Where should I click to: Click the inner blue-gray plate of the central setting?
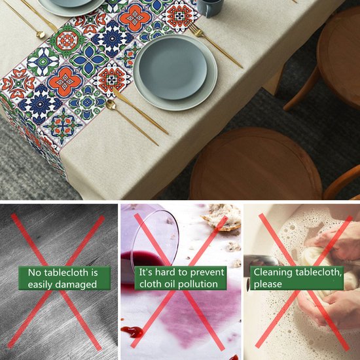coord(173,68)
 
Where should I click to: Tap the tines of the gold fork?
coord(194,29)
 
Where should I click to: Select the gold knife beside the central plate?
coord(140,111)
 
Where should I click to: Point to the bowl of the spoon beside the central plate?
coord(111,105)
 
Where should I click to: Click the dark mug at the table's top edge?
coord(210,8)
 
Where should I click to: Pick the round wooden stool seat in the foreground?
coord(256,164)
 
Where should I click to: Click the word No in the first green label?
coord(35,273)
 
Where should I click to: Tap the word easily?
coord(39,285)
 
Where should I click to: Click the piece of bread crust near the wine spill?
coord(223,217)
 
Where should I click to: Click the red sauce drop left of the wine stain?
coord(132,332)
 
